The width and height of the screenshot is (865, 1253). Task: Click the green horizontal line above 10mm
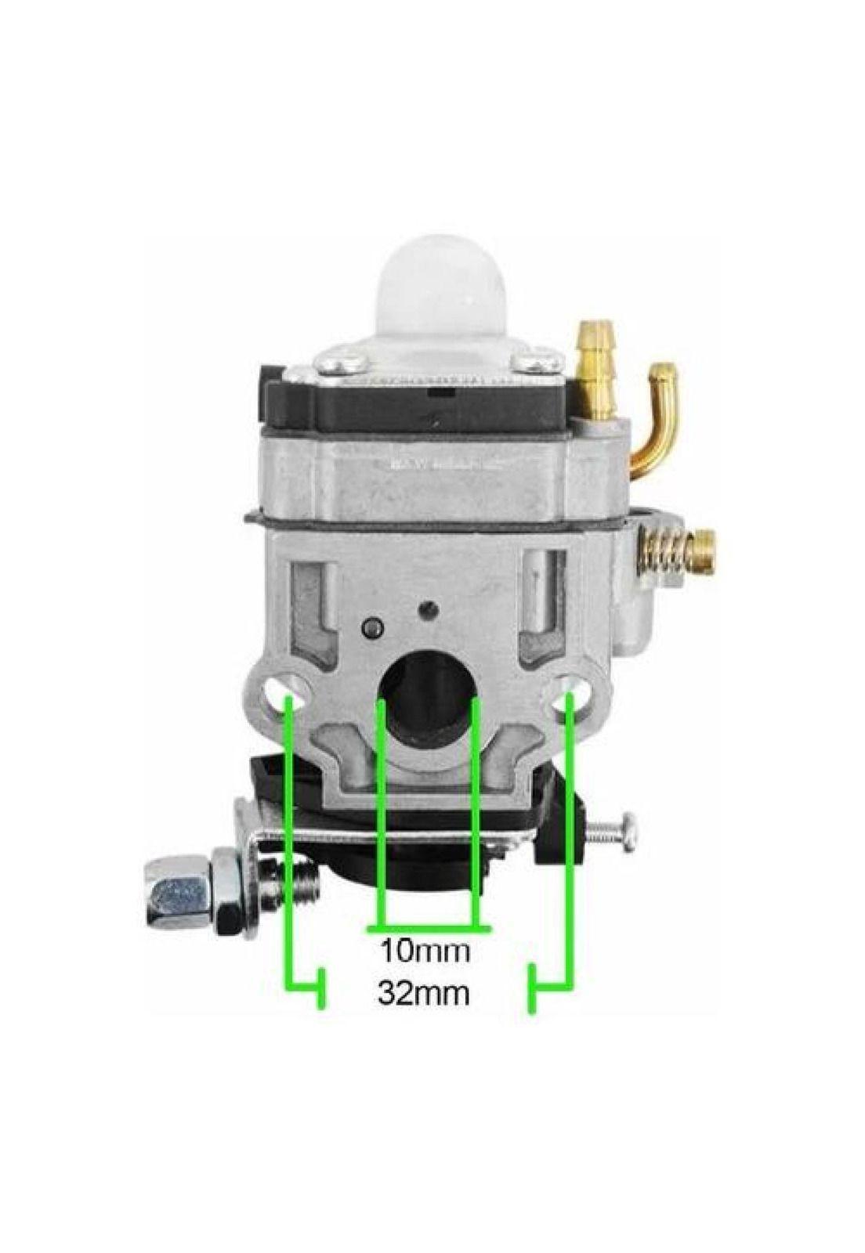(428, 930)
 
